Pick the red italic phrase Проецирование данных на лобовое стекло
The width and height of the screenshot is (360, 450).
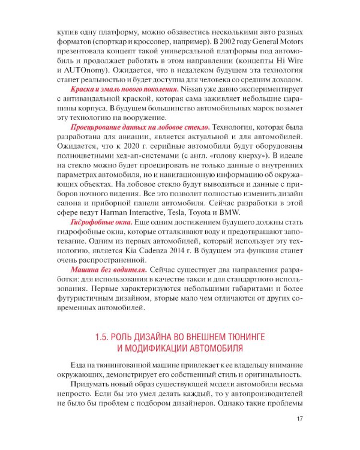(140, 127)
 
